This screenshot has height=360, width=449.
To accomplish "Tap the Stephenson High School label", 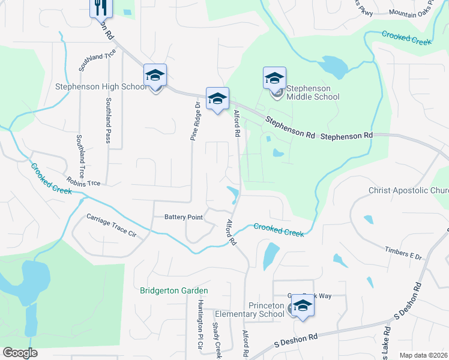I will [101, 86].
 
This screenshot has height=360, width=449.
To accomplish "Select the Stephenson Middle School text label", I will [312, 92].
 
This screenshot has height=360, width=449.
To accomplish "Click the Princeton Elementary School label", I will [249, 310].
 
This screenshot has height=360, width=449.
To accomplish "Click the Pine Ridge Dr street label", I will [194, 122].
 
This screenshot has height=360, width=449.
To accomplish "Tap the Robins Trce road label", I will [83, 181].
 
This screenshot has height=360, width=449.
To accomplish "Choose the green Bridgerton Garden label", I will [173, 291].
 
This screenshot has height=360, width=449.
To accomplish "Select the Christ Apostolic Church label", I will [408, 191].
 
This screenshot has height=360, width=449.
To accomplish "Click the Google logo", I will [20, 353].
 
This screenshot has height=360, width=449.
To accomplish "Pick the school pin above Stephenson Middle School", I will [274, 78].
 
